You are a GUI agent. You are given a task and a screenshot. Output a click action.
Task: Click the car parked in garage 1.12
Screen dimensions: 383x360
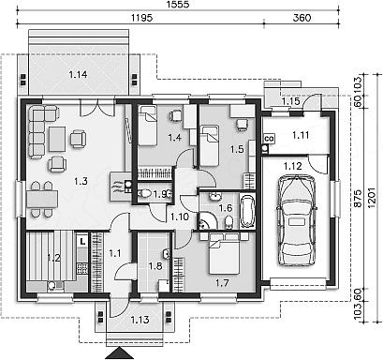coord(296,220)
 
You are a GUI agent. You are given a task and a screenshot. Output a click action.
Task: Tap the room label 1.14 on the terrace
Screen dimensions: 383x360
coord(78,74)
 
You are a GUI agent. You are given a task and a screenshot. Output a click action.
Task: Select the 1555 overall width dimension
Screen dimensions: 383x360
coord(178,5)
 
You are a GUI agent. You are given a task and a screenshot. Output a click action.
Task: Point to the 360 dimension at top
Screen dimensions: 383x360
coord(302,18)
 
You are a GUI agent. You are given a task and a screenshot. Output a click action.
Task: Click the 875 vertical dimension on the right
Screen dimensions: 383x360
coord(358,198)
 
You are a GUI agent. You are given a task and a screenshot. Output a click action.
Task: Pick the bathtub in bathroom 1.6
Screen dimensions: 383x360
coord(247,211)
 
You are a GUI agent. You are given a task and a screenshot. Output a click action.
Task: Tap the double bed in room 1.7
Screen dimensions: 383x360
coord(224,253)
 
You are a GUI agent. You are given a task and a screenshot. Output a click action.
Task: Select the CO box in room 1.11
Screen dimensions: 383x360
coord(269,138)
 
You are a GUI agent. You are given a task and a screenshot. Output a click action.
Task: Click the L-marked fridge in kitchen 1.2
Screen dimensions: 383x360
coord(82,242)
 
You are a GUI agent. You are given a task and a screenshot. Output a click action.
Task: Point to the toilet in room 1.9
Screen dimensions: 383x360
coord(145,194)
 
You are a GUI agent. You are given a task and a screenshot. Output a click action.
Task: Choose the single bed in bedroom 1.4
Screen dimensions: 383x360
coord(147,126)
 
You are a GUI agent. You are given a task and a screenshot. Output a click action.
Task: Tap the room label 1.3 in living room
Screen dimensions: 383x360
coord(81,181)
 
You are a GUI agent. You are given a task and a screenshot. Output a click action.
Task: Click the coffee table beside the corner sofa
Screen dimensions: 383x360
coord(57,139)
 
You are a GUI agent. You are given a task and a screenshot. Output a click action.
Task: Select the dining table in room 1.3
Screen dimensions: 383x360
coord(42,199)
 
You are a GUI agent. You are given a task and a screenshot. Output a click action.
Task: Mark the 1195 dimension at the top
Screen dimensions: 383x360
coord(141,18)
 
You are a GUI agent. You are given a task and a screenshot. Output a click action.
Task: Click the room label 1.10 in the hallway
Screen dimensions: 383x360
coord(180,217)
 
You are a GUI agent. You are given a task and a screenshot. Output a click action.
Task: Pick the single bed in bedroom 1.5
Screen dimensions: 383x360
coord(209,145)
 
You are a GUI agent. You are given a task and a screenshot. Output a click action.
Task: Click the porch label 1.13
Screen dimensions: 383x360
coord(140,320)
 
